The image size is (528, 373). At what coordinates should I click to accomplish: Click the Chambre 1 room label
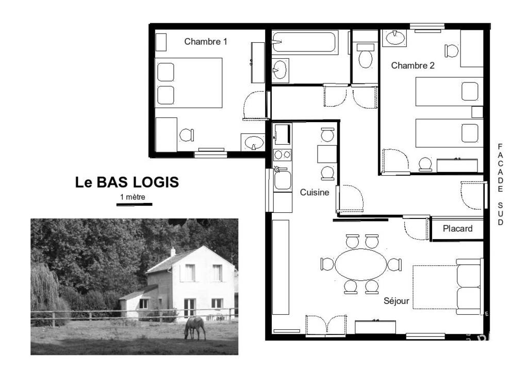(205, 42)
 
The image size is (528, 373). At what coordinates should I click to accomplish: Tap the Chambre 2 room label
(412, 65)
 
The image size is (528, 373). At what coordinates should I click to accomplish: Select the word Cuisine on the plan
(315, 192)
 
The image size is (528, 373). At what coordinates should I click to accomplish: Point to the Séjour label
(397, 301)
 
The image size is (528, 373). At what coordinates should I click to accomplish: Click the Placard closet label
(457, 229)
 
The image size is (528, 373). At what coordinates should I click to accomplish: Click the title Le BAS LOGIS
(127, 182)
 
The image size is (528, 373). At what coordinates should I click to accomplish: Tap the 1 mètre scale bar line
(135, 205)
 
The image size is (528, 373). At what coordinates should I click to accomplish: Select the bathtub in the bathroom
(305, 42)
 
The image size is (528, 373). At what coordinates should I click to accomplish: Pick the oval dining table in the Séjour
(361, 264)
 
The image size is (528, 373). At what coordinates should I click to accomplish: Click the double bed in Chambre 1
(188, 83)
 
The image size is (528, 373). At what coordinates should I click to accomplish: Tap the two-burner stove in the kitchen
(282, 155)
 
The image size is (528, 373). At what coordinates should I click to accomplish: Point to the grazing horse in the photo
(195, 328)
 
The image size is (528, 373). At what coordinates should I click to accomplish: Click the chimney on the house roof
(173, 251)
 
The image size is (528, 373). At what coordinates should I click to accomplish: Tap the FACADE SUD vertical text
(500, 184)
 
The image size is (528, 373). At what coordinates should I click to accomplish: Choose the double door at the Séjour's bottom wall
(326, 325)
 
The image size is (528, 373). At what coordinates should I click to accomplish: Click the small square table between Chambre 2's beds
(477, 112)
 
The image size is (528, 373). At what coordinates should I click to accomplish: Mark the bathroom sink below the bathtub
(280, 70)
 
